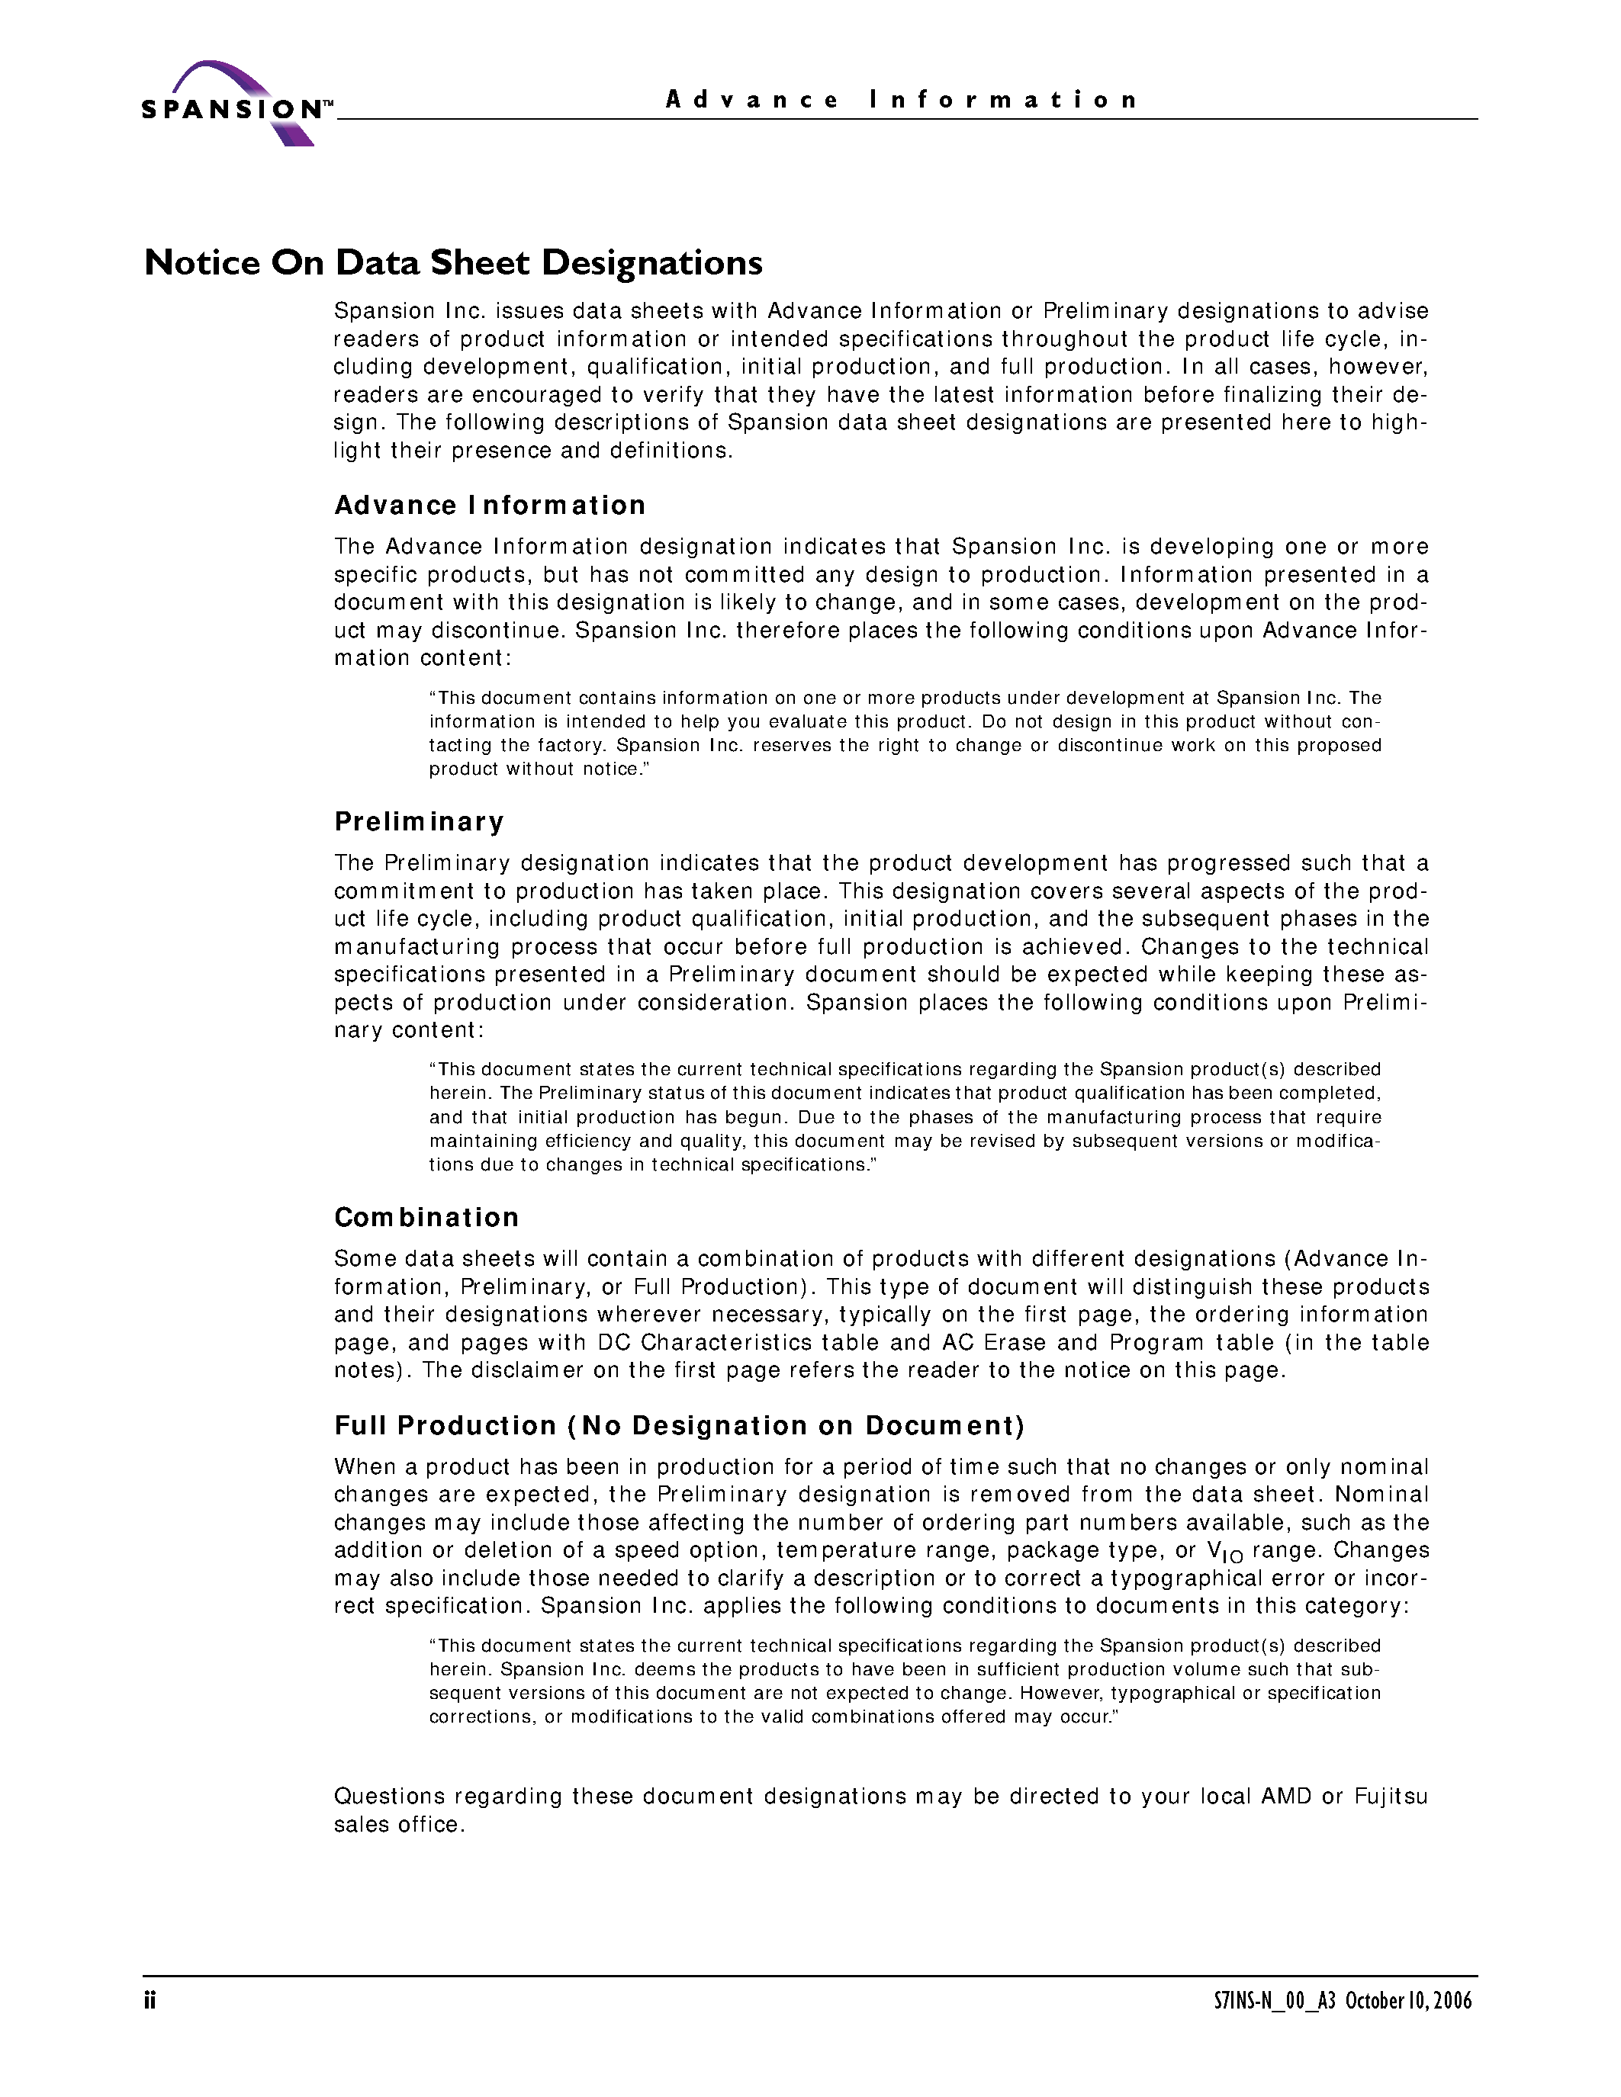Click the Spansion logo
(x=235, y=104)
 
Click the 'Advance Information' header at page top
(x=901, y=100)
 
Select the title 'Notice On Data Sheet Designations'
(x=453, y=262)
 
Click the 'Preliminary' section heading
(x=419, y=821)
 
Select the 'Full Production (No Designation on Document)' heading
(x=679, y=1425)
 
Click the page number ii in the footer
(x=150, y=1999)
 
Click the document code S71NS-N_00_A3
(x=1275, y=2000)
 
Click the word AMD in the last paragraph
(x=1286, y=1796)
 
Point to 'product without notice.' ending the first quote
(x=539, y=769)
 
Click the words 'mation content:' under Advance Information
(x=423, y=658)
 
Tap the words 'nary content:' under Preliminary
(x=409, y=1029)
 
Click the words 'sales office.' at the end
(x=400, y=1824)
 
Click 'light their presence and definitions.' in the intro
(x=533, y=451)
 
